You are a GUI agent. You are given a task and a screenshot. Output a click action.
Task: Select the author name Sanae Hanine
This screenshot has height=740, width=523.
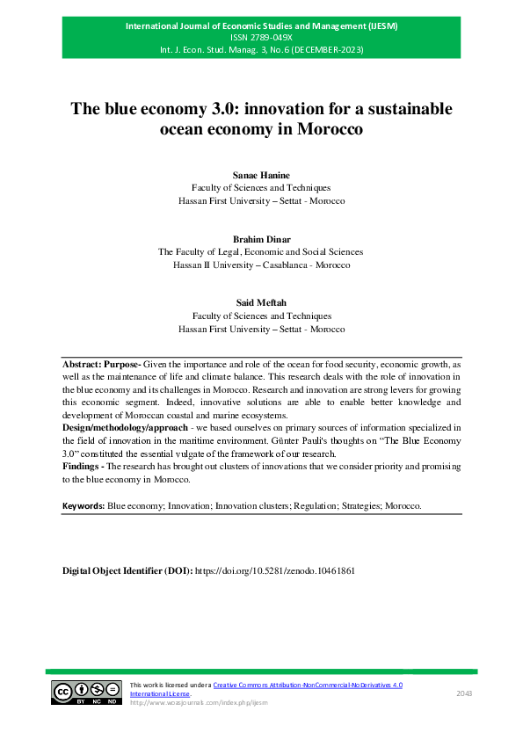[261, 176]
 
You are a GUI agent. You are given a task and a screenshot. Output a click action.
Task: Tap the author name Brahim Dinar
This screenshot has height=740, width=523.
[261, 239]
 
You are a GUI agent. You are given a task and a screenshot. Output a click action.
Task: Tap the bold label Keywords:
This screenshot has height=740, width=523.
[83, 507]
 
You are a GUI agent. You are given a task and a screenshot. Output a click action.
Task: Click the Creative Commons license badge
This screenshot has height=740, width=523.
[85, 693]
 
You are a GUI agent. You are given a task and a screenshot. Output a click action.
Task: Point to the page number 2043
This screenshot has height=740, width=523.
[464, 693]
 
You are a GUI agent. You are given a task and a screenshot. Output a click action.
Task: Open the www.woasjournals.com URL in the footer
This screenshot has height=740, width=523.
[198, 703]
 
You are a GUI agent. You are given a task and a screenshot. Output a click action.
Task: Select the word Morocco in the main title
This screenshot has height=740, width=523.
[327, 129]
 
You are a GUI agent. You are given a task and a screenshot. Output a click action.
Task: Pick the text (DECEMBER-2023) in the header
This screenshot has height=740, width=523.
[327, 50]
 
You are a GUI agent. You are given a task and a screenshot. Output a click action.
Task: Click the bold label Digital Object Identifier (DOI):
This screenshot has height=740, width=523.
[126, 570]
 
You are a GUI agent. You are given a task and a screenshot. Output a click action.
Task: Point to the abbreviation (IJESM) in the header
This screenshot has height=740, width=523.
[381, 25]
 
